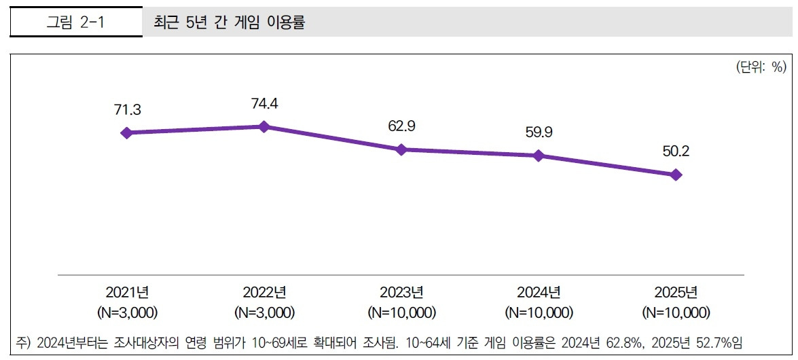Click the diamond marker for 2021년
click(x=126, y=133)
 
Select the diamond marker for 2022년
click(x=264, y=126)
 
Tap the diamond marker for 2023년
click(x=401, y=149)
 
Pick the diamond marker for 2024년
click(x=539, y=156)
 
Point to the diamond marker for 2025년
click(x=675, y=175)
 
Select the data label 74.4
click(x=264, y=103)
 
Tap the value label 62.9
click(x=401, y=126)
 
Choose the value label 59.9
click(x=539, y=132)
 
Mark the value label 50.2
click(x=676, y=151)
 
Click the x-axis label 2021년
click(x=127, y=293)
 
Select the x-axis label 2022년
click(x=264, y=293)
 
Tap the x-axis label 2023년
click(x=401, y=293)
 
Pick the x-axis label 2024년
click(x=539, y=293)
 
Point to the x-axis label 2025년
click(x=676, y=293)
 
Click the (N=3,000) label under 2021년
click(x=127, y=313)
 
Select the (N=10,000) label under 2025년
click(x=676, y=313)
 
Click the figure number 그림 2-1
click(x=75, y=22)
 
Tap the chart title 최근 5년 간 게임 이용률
click(x=230, y=22)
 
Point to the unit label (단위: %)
click(x=760, y=67)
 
